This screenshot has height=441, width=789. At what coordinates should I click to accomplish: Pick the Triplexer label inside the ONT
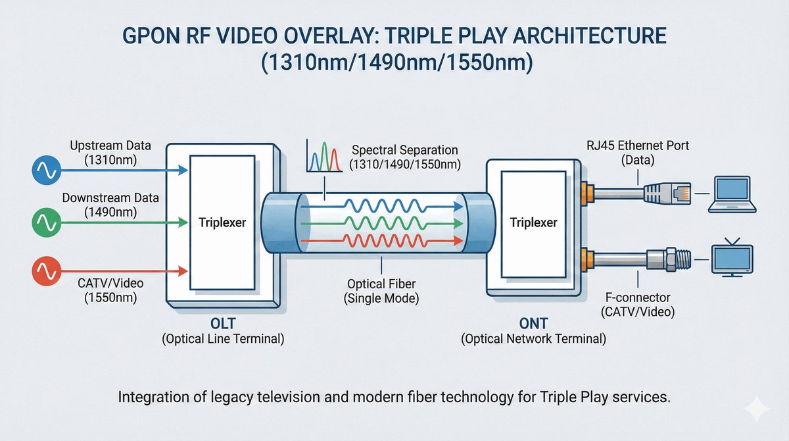click(x=533, y=223)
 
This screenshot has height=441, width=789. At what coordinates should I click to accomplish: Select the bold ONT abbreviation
click(x=533, y=325)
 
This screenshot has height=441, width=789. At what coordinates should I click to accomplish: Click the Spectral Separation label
click(x=404, y=151)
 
